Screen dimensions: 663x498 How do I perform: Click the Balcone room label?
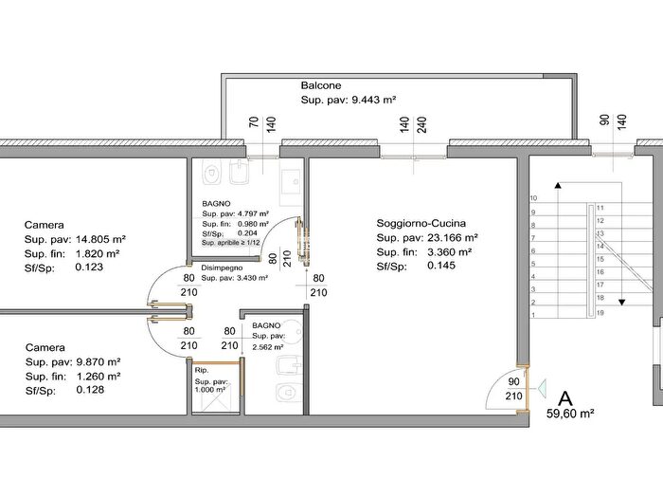pyautogui.click(x=321, y=85)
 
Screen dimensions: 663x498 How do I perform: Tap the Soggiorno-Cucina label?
pyautogui.click(x=421, y=223)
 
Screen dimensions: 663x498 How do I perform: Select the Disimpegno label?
pyautogui.click(x=222, y=267)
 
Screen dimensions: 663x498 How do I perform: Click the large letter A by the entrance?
pyautogui.click(x=565, y=399)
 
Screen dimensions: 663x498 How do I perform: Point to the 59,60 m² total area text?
pyautogui.click(x=570, y=414)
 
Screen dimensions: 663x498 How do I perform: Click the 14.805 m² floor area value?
pyautogui.click(x=100, y=239)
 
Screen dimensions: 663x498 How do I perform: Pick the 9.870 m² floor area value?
pyautogui.click(x=99, y=362)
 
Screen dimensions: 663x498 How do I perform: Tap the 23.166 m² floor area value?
pyautogui.click(x=453, y=237)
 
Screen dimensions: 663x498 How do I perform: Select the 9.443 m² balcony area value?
pyautogui.click(x=374, y=100)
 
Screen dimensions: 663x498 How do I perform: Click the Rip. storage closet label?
pyautogui.click(x=202, y=370)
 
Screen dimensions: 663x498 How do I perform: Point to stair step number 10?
pyautogui.click(x=533, y=198)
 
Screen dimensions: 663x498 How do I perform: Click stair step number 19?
pyautogui.click(x=600, y=313)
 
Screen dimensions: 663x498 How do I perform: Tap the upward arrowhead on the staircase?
pyautogui.click(x=558, y=185)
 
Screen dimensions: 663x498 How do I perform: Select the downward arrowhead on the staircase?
pyautogui.click(x=621, y=303)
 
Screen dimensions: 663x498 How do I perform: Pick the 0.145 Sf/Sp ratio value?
pyautogui.click(x=441, y=266)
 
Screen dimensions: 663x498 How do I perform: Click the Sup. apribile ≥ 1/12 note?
pyautogui.click(x=230, y=243)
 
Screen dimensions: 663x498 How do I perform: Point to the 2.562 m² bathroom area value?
pyautogui.click(x=268, y=347)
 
